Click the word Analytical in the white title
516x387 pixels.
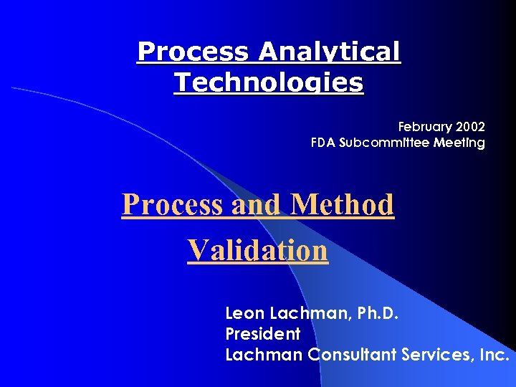[x=330, y=52]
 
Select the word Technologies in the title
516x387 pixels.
[x=269, y=82]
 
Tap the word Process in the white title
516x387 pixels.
[x=193, y=52]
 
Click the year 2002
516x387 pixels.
[x=470, y=127]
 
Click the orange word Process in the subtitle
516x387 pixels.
[x=172, y=205]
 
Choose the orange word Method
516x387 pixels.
[x=343, y=205]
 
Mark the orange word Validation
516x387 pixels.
[x=258, y=250]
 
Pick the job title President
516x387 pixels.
[x=262, y=334]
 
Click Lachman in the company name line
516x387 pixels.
[x=263, y=355]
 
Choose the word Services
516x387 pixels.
[x=438, y=355]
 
